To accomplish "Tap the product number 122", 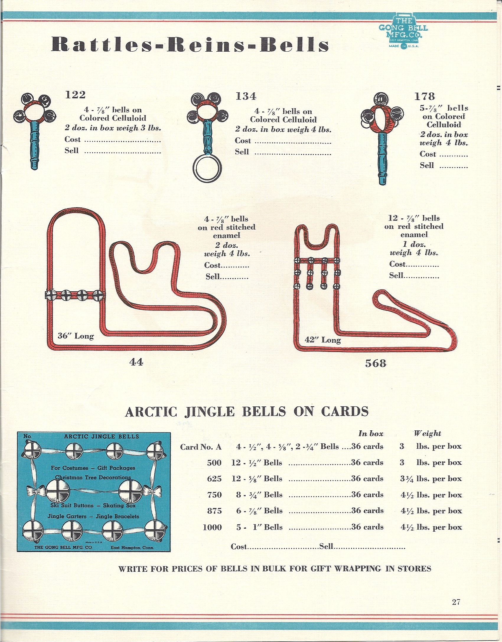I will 75,95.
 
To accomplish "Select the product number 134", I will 246,96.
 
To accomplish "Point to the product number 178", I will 424,96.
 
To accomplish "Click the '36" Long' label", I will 76,336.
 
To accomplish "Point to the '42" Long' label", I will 323,340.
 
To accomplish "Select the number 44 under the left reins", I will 136,362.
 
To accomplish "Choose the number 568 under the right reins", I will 376,363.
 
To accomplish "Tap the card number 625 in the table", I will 214,478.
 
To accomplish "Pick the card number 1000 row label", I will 212,527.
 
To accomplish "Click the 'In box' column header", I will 371,434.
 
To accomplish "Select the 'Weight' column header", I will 427,434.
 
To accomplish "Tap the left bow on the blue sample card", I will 35,491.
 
